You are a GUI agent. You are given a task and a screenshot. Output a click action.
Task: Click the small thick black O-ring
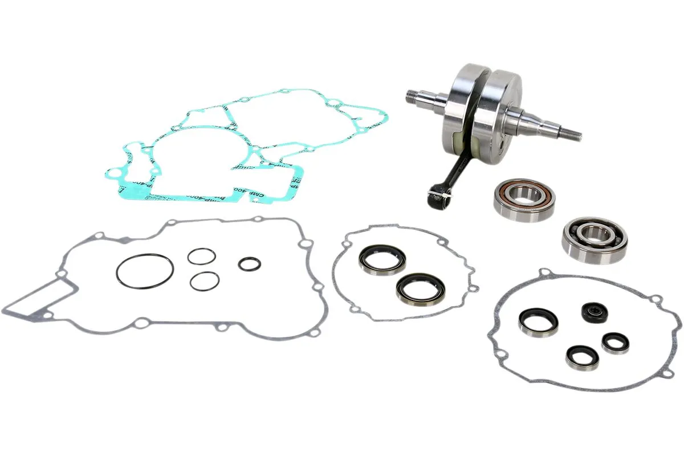(250, 263)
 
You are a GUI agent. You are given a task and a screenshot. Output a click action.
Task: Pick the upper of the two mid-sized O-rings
(202, 256)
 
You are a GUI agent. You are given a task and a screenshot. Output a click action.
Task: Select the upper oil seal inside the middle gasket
(382, 259)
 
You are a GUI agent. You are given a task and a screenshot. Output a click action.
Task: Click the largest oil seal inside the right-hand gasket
(538, 323)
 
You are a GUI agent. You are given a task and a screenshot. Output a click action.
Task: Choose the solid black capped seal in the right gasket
(595, 312)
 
